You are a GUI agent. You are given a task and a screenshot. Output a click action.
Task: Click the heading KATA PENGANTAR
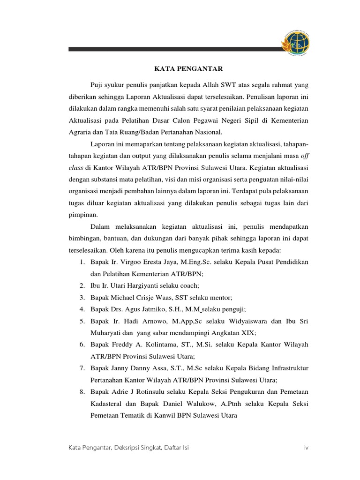click(x=185, y=69)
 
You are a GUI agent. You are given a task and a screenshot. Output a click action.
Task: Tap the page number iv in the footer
click(x=306, y=448)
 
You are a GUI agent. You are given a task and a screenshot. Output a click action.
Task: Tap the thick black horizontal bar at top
click(x=173, y=49)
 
